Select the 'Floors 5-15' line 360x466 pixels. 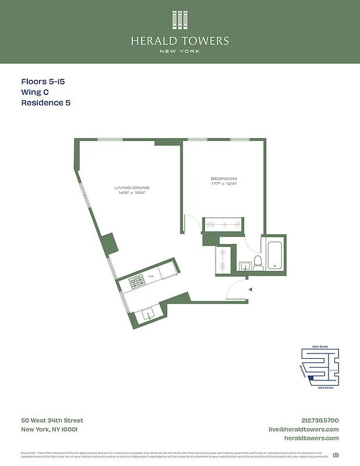pos(43,82)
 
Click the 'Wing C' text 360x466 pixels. pos(35,93)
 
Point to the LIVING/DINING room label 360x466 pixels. pos(132,188)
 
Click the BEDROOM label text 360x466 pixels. pos(224,178)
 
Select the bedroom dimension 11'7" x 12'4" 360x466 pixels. pos(224,183)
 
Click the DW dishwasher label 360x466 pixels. pos(151,276)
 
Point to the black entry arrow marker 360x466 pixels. pos(249,289)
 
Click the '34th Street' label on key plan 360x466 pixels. pos(320,347)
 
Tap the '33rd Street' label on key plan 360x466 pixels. pos(324,387)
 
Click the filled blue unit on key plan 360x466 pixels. pos(311,378)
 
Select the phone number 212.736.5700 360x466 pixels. pos(319,421)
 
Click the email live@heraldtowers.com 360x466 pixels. pos(303,429)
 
